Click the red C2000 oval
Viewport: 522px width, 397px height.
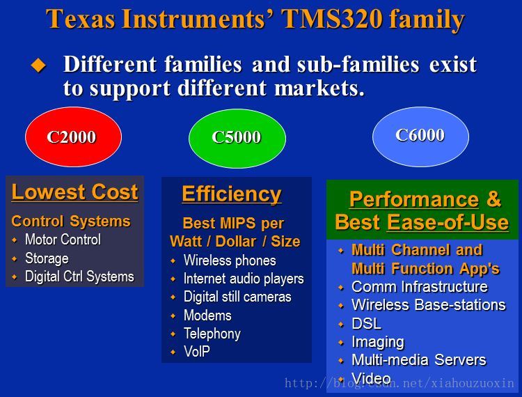pos(74,137)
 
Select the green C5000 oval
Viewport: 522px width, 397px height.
pos(237,138)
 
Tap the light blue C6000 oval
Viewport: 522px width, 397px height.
pos(420,137)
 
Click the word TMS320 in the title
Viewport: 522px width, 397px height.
pos(331,19)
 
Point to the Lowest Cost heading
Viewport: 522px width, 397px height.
pos(74,192)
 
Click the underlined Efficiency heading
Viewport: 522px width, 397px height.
pos(232,194)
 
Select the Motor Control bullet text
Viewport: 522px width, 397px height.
pos(63,240)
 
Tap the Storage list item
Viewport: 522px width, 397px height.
pos(47,258)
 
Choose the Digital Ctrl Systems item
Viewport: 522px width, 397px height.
pos(79,277)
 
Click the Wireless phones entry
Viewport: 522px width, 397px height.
pos(230,260)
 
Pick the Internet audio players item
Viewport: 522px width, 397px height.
pos(244,279)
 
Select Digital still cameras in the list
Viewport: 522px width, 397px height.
pos(237,297)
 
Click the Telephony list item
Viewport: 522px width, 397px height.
pos(212,334)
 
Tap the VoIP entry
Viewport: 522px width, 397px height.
pos(197,351)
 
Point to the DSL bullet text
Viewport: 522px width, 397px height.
pos(367,324)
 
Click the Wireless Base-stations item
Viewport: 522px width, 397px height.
pos(429,305)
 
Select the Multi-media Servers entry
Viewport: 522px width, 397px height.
pos(419,360)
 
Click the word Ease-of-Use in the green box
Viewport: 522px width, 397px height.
pos(448,222)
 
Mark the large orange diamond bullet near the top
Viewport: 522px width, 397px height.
pos(38,65)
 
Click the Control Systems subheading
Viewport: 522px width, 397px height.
pos(71,221)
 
